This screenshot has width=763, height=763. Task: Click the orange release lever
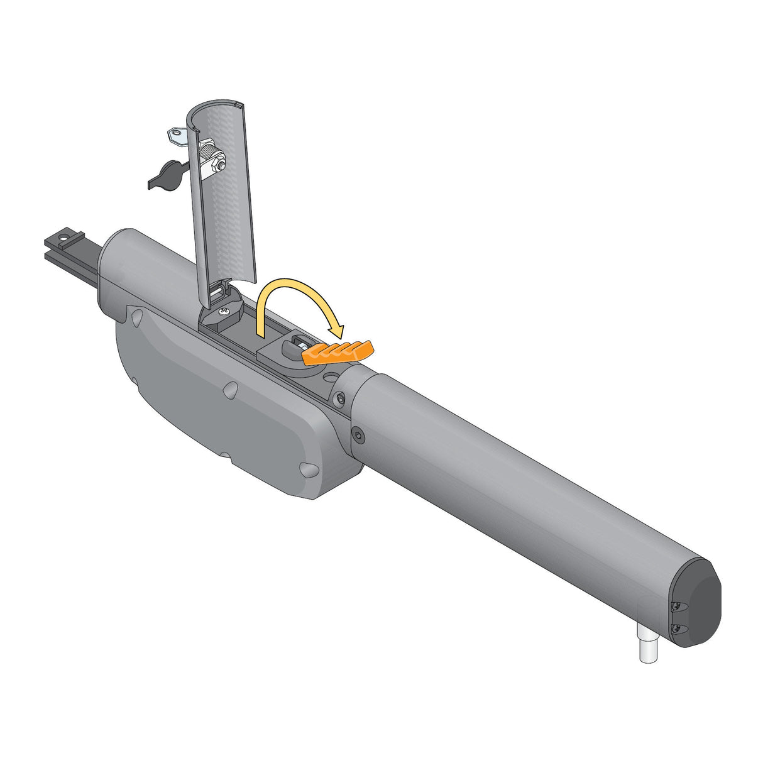click(x=338, y=352)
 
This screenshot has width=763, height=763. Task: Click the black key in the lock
click(x=165, y=174)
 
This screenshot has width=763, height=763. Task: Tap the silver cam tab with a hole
click(x=177, y=136)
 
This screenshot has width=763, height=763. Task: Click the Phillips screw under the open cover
click(x=222, y=309)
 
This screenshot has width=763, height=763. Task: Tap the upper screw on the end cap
click(x=676, y=607)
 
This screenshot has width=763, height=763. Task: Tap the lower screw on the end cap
click(x=678, y=629)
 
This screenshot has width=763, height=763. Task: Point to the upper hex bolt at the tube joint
click(x=340, y=400)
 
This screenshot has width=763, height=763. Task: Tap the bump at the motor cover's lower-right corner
click(x=307, y=469)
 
